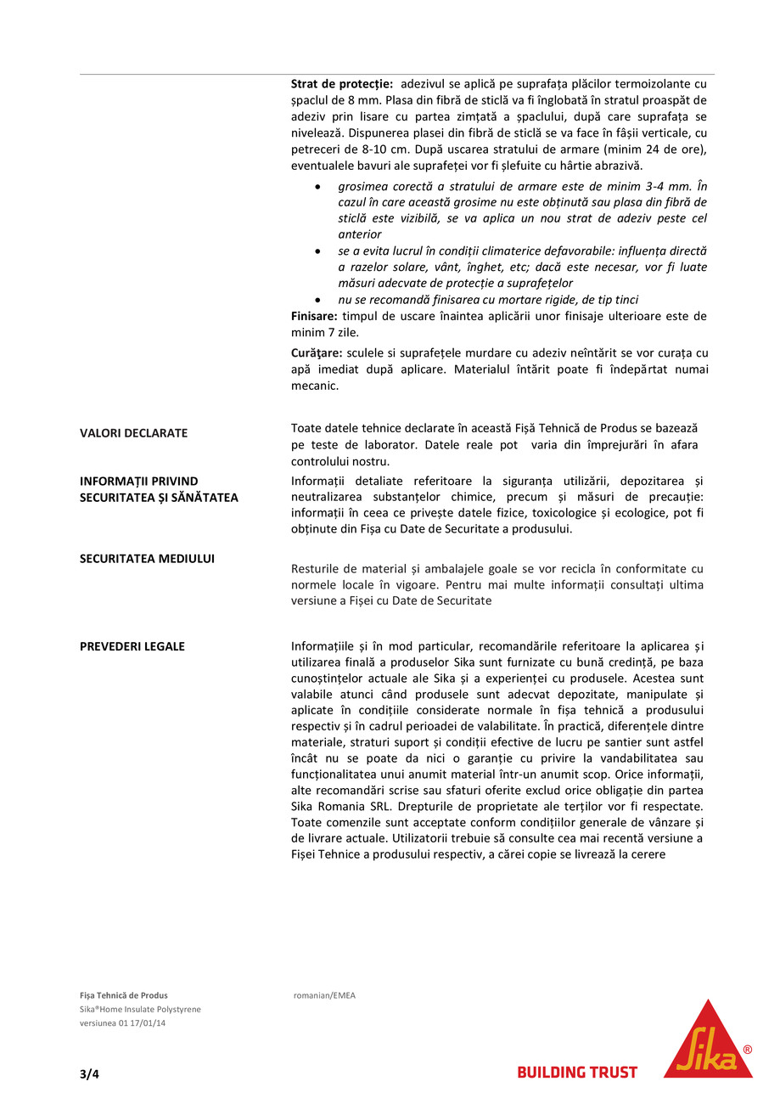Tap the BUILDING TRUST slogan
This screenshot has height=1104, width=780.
[x=577, y=1073]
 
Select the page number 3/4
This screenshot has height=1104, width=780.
[x=89, y=1073]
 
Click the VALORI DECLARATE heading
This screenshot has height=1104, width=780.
[x=134, y=433]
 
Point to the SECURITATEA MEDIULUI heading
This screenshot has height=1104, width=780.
[x=147, y=559]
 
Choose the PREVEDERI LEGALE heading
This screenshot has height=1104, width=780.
[x=132, y=646]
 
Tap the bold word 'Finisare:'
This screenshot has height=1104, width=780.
[x=314, y=316]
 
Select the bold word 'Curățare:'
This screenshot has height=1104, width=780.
[x=317, y=352]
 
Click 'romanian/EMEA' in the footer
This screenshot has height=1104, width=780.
[x=324, y=995]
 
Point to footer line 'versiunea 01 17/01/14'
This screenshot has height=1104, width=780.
[x=123, y=1022]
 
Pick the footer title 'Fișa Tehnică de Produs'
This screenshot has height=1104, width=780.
[x=124, y=995]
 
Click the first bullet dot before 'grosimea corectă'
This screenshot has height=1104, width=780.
[x=317, y=186]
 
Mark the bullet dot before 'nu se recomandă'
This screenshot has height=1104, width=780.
[x=317, y=300]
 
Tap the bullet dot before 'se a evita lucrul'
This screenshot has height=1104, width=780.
[x=317, y=251]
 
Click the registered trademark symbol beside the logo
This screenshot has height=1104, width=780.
[x=747, y=1050]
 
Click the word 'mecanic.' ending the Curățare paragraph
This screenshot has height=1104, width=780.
[x=315, y=386]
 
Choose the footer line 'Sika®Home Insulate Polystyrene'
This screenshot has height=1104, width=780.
[x=140, y=1009]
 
